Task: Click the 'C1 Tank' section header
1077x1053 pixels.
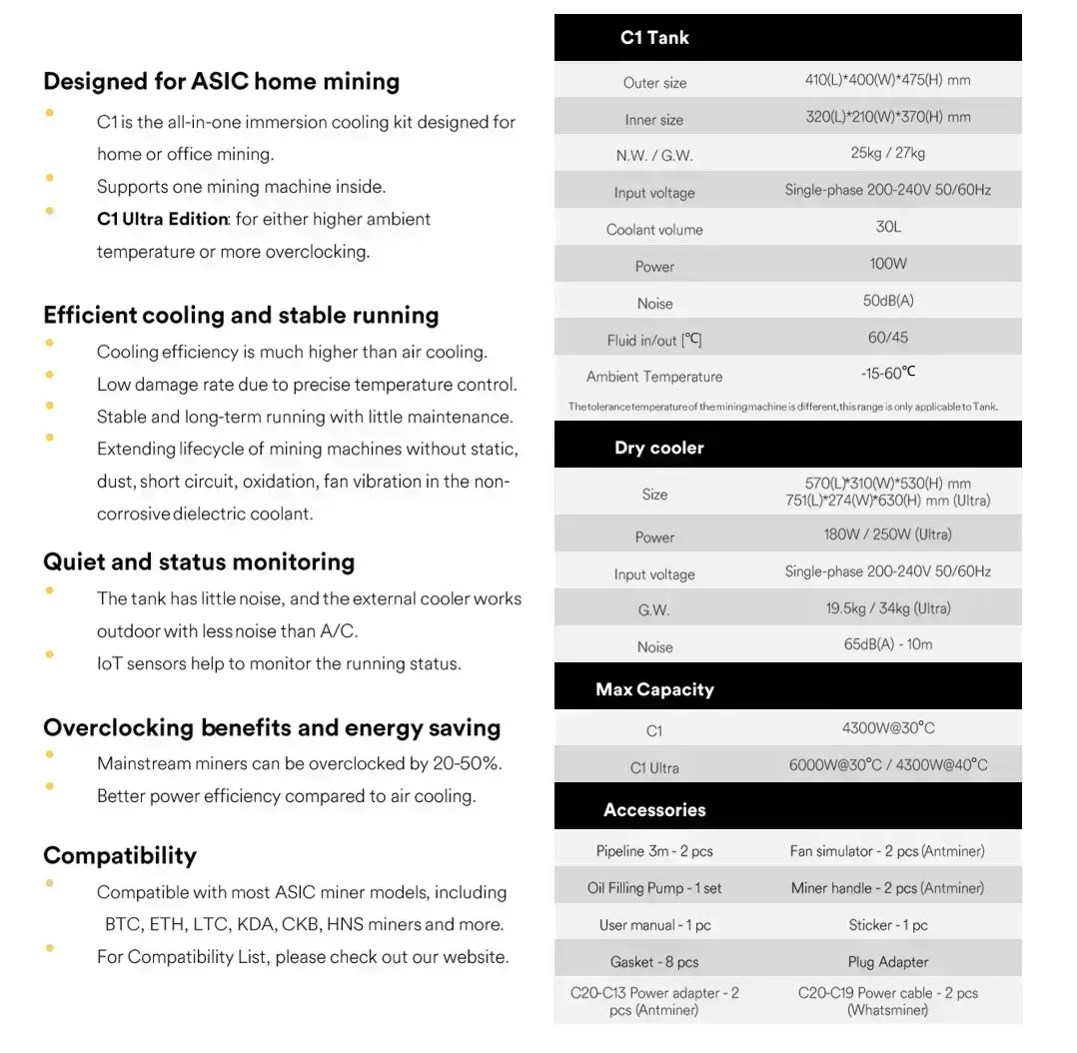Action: point(654,38)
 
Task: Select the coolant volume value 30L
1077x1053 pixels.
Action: point(888,227)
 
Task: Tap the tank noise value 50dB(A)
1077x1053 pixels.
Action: point(888,301)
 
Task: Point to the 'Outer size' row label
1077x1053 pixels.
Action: point(654,83)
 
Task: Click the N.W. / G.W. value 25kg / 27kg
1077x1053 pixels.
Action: point(888,153)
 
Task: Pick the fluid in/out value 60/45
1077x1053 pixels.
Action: point(888,338)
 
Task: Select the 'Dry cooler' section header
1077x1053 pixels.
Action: point(658,448)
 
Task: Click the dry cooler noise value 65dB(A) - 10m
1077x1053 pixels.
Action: point(888,644)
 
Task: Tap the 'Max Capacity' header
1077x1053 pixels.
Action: point(654,689)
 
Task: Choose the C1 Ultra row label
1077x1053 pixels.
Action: point(654,768)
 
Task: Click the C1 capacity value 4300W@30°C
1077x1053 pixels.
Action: point(888,728)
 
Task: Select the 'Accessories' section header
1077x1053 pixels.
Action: point(654,810)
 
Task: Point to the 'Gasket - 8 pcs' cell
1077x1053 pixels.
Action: point(654,962)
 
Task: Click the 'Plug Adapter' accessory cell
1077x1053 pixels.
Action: point(888,962)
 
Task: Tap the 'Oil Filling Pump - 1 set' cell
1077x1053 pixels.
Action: point(654,888)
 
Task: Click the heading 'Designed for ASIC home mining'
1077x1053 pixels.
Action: point(221,81)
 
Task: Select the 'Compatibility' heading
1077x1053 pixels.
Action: point(120,855)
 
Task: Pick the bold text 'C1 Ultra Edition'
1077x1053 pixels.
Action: point(162,219)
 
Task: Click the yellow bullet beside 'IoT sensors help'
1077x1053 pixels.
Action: point(50,655)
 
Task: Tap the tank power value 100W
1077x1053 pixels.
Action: point(888,264)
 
